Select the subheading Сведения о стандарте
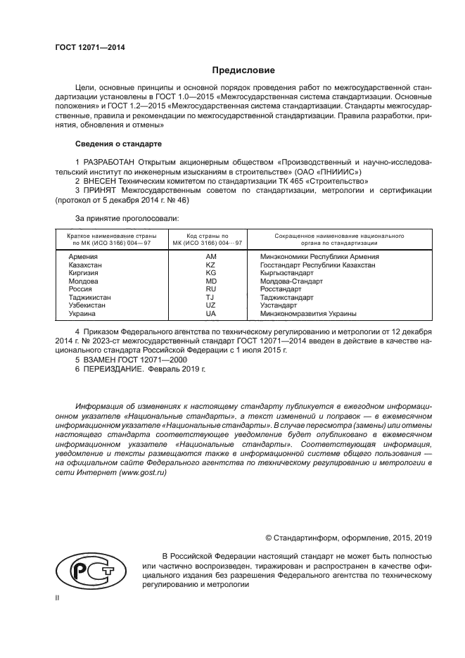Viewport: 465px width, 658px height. pyautogui.click(x=118, y=144)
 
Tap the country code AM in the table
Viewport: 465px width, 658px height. pyautogui.click(x=210, y=257)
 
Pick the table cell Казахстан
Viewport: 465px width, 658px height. pyautogui.click(x=85, y=265)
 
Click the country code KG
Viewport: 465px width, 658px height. pyautogui.click(x=210, y=272)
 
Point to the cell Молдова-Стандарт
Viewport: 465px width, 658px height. pyautogui.click(x=291, y=281)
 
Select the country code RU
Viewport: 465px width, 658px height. pyautogui.click(x=210, y=289)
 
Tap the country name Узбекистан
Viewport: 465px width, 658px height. pyautogui.click(x=87, y=305)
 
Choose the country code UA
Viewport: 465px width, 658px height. pyautogui.click(x=210, y=313)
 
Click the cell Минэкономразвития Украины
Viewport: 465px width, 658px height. pyautogui.click(x=308, y=313)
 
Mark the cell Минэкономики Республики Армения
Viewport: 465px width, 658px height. pyautogui.click(x=319, y=257)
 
